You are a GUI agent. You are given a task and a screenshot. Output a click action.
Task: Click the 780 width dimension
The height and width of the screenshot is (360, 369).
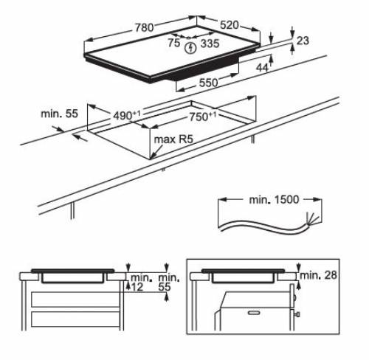(x=144, y=27)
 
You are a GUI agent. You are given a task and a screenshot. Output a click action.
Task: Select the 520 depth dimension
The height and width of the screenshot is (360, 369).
(x=230, y=25)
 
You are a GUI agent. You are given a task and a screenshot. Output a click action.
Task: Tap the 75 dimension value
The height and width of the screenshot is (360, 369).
(x=173, y=44)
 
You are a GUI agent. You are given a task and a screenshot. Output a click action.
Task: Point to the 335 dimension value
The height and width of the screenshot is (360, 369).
(x=210, y=44)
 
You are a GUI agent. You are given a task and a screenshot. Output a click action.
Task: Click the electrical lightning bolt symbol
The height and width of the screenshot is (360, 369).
(x=192, y=48)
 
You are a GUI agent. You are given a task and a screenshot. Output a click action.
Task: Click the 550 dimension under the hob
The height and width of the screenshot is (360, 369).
(x=208, y=84)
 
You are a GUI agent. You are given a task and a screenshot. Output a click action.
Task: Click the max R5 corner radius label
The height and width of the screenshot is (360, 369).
(x=171, y=139)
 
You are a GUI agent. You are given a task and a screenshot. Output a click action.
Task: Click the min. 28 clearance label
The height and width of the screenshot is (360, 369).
(x=320, y=275)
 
